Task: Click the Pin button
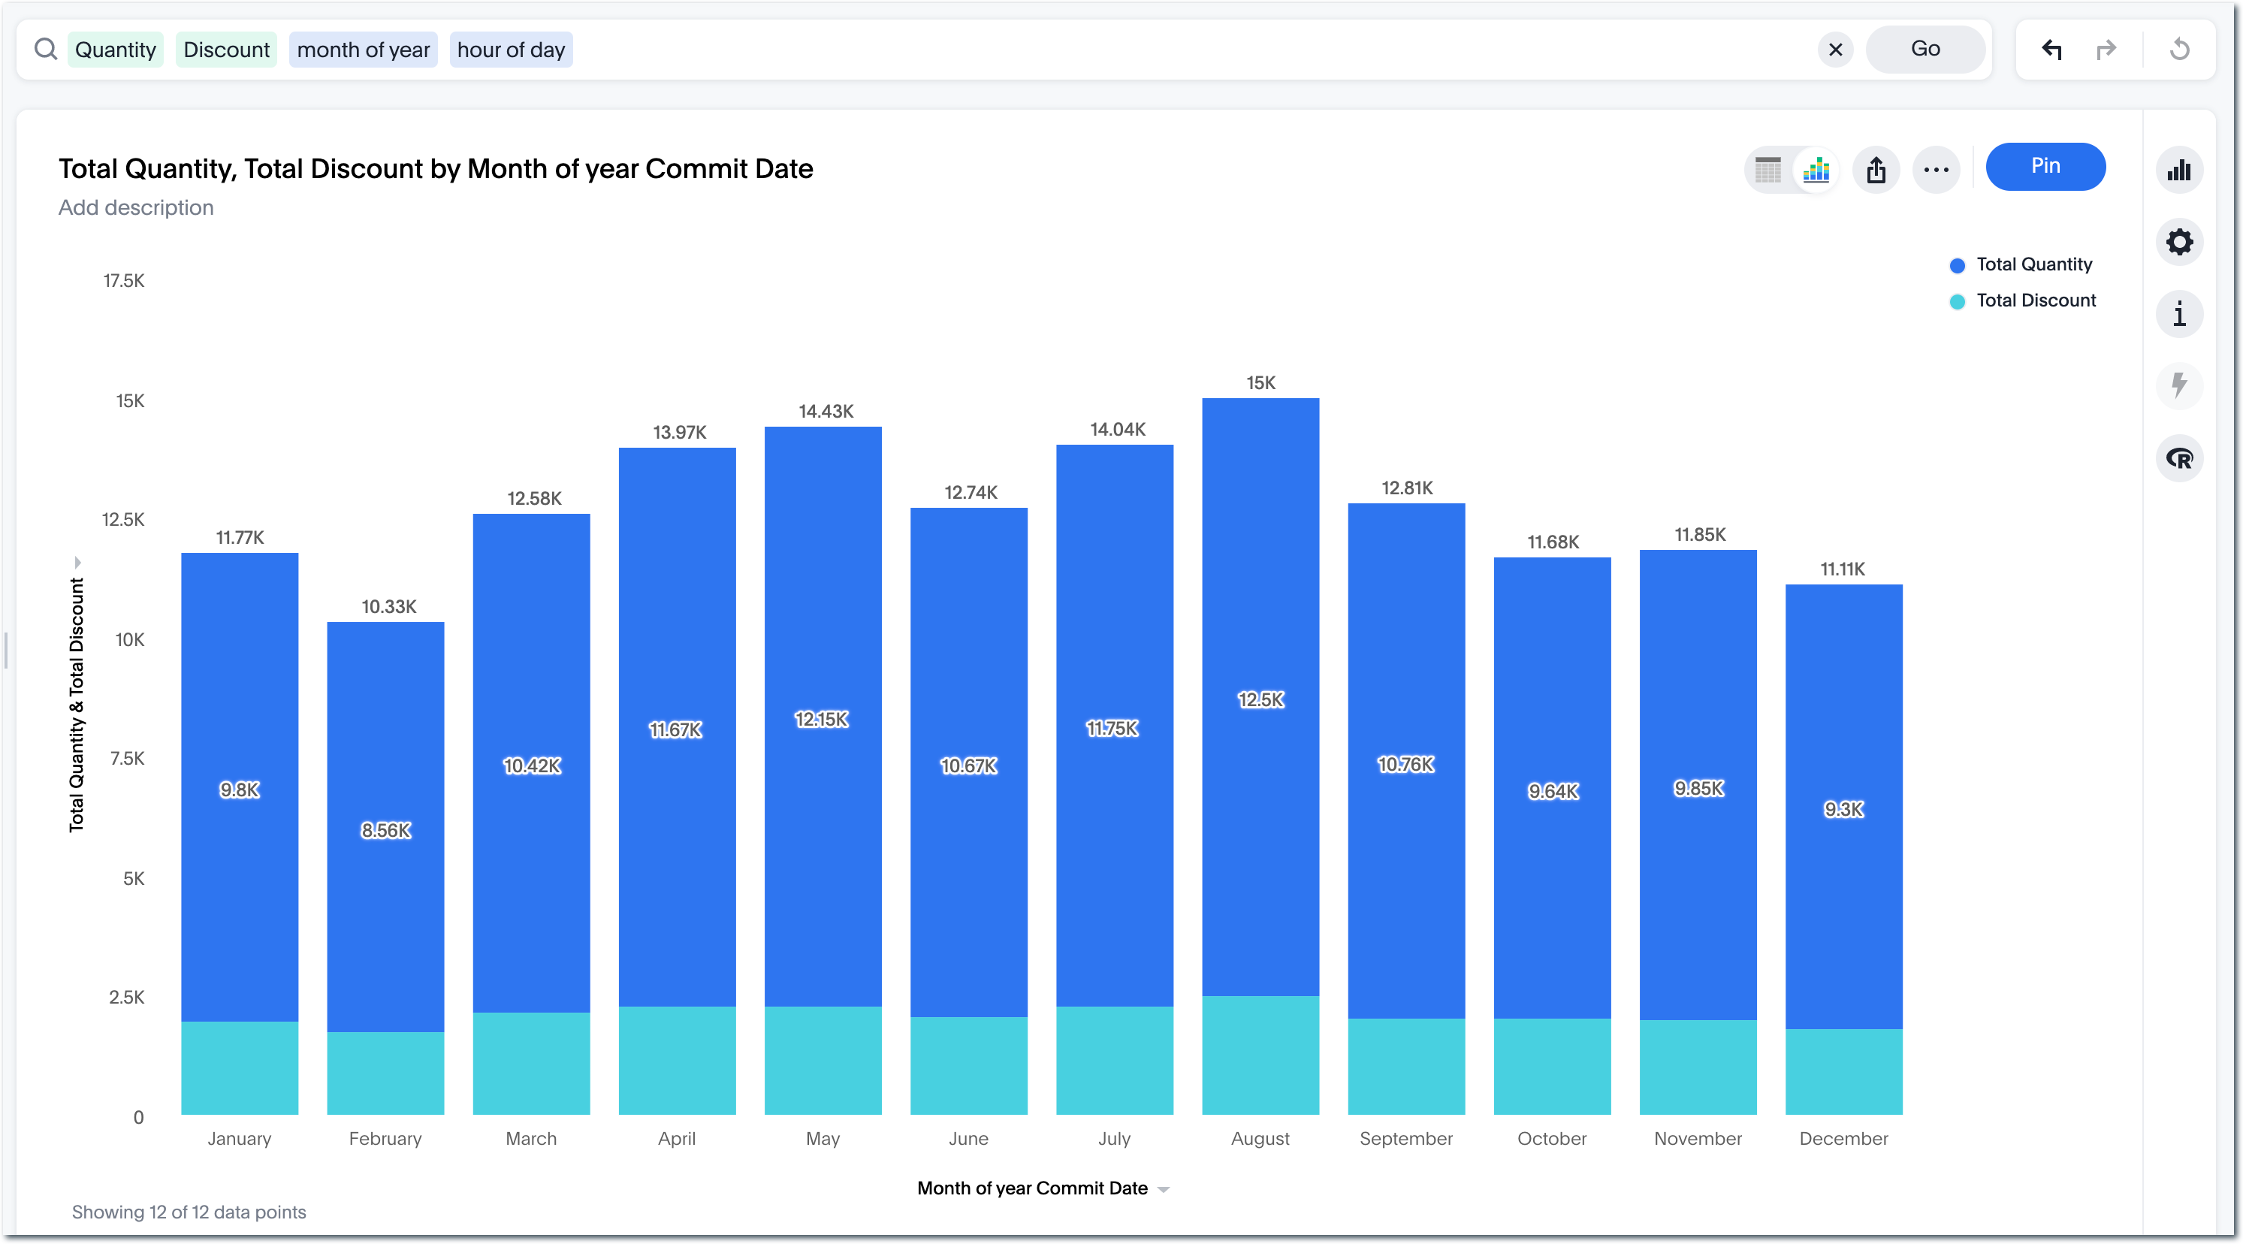pos(2045,166)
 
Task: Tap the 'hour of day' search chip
pos(511,50)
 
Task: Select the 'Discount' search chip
pos(226,50)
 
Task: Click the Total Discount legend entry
pos(2035,300)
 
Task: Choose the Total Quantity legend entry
pos(2033,264)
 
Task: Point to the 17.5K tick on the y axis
pos(124,280)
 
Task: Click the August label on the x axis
pos(1260,1139)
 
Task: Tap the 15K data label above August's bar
pos(1260,383)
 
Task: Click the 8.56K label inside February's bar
pos(386,831)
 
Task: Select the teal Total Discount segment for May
pos(823,1060)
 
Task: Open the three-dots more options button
pos(1936,170)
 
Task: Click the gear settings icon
pos(2178,242)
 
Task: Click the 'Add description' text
pos(136,207)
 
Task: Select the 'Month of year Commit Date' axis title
pos(1033,1188)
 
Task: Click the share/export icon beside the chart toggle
pos(1876,170)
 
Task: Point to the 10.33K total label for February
pos(389,607)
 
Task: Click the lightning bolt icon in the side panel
pos(2178,385)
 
